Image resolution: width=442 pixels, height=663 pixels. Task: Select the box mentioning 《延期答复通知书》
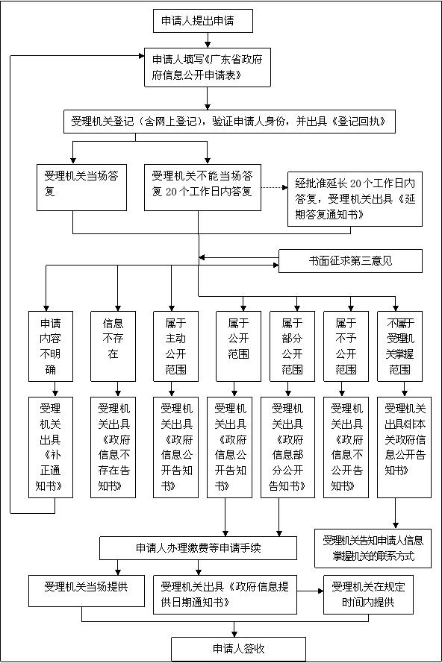pos(354,200)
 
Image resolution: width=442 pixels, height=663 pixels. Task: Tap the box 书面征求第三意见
pos(350,261)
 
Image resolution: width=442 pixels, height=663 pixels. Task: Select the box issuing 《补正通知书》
pos(50,447)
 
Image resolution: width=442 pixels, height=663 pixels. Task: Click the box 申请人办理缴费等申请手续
pos(198,547)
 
